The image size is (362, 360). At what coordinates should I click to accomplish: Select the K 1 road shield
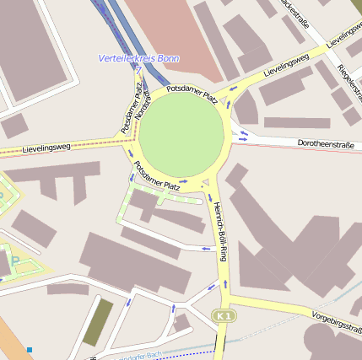tap(223, 315)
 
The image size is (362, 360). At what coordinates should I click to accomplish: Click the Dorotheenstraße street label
tap(326, 145)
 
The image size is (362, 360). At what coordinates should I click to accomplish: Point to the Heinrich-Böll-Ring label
tap(220, 231)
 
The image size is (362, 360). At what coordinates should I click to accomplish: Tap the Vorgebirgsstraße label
tap(336, 318)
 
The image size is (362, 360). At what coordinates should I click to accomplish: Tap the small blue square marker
tap(30, 349)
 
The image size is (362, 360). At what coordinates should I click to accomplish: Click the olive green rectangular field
tap(97, 321)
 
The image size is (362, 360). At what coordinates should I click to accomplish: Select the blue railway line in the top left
tap(114, 30)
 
